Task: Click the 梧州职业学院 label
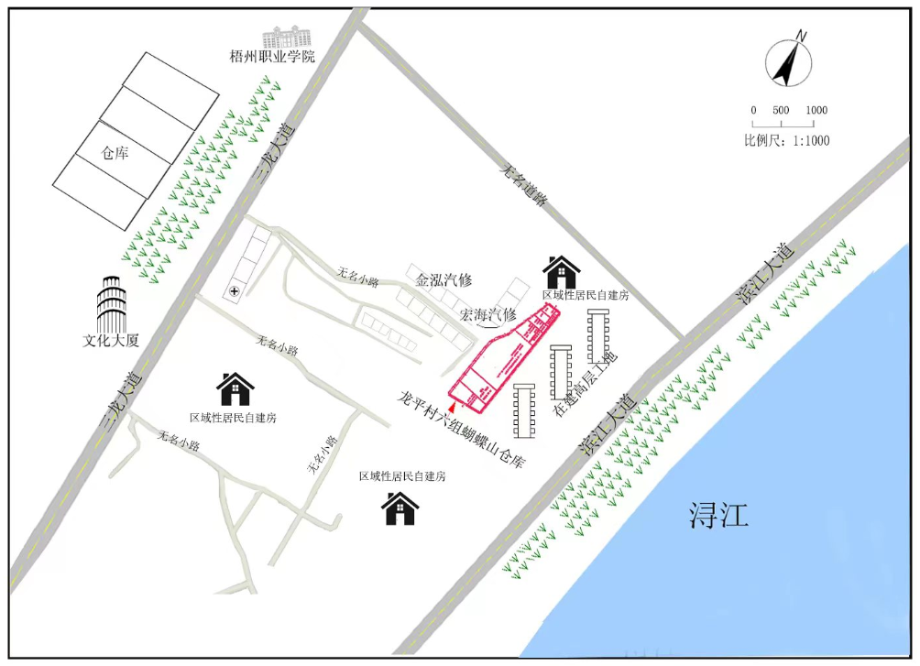click(272, 57)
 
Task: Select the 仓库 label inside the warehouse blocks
click(115, 153)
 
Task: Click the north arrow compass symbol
click(789, 61)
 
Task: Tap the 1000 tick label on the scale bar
click(816, 110)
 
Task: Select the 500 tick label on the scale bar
click(781, 110)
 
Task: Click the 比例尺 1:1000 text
click(786, 140)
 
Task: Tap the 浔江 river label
click(719, 516)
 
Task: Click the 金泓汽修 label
click(444, 280)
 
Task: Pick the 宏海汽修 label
click(487, 314)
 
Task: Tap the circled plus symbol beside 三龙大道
click(235, 290)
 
